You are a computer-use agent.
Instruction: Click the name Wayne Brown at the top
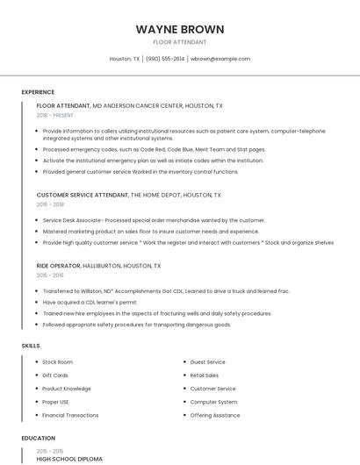click(x=179, y=29)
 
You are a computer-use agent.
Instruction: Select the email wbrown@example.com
click(x=220, y=59)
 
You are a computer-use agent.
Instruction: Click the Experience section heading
click(x=38, y=92)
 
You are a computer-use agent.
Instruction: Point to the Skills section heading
click(x=31, y=346)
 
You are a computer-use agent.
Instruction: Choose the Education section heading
click(x=38, y=438)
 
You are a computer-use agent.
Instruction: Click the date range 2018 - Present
click(x=55, y=115)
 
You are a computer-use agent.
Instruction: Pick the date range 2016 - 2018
click(x=51, y=204)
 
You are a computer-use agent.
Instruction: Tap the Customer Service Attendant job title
click(x=83, y=195)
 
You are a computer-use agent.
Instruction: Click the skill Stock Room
click(x=57, y=361)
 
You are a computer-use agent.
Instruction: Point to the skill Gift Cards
click(x=55, y=375)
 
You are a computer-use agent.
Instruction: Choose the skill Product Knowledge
click(x=67, y=389)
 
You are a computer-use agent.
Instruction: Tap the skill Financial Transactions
click(x=70, y=415)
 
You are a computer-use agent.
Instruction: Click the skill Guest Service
click(x=207, y=361)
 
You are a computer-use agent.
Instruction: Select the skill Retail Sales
click(x=205, y=375)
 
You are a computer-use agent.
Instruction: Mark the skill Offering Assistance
click(x=214, y=415)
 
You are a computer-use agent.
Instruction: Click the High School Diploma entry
click(x=69, y=459)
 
